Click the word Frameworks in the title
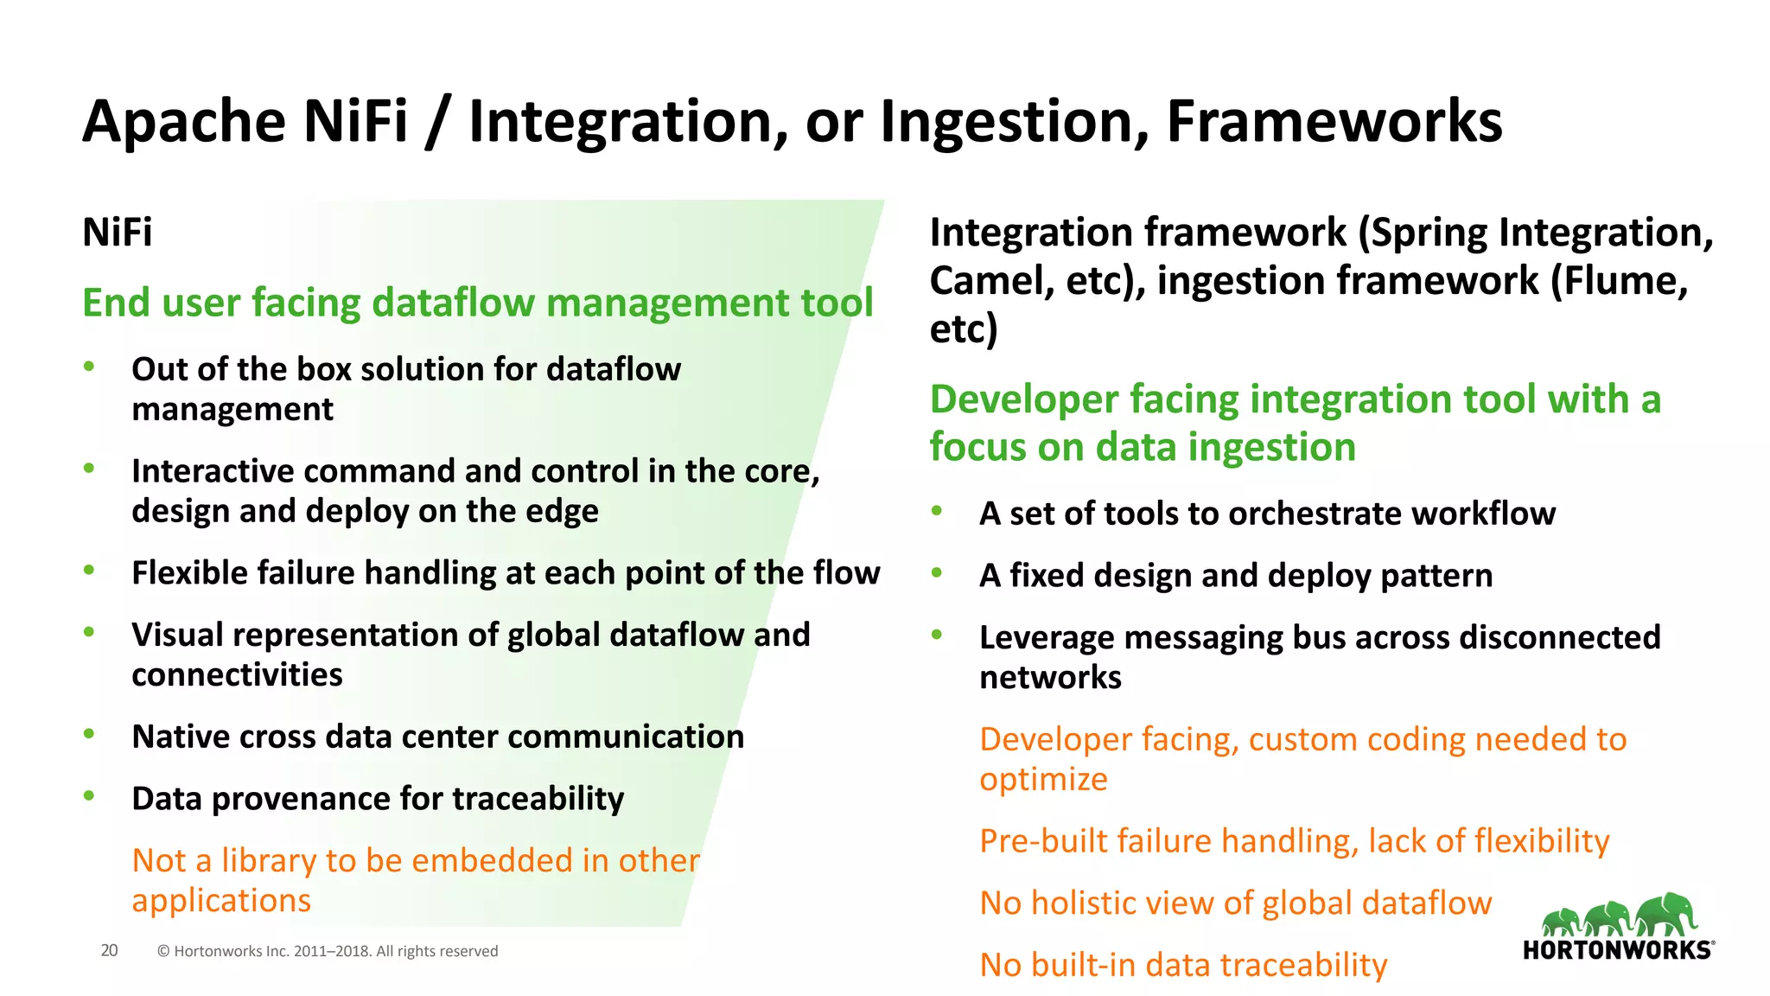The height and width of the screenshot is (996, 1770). click(x=1334, y=121)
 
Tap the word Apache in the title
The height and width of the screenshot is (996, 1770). click(x=183, y=121)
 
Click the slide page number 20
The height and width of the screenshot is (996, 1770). click(x=109, y=950)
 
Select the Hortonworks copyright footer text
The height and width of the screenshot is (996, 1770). click(x=328, y=951)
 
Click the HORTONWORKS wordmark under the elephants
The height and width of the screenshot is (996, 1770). click(x=1617, y=950)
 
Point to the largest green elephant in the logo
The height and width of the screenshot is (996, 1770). click(x=1667, y=913)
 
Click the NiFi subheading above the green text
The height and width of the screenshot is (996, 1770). click(x=117, y=233)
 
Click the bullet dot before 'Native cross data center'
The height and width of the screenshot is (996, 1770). click(x=88, y=734)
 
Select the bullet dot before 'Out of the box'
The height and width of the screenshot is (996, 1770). click(x=88, y=367)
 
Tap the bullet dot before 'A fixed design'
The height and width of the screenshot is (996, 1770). click(x=936, y=572)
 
